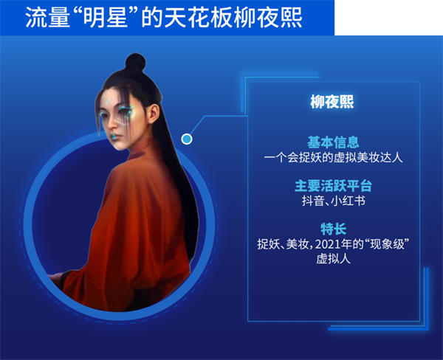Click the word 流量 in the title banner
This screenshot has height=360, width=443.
tap(47, 18)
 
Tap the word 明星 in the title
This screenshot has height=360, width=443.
tap(109, 18)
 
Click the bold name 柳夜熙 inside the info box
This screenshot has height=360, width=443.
tap(332, 102)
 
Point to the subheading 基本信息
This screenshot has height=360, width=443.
tap(333, 142)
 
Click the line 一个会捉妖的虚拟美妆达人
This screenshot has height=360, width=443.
tap(334, 157)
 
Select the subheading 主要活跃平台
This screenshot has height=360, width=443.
tap(334, 186)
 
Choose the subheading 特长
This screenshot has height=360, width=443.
tap(334, 229)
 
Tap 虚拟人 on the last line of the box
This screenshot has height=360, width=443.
tap(334, 259)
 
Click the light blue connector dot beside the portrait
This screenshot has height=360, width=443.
tap(187, 139)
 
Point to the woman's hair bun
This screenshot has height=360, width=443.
tap(135, 62)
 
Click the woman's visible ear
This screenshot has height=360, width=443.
tap(154, 114)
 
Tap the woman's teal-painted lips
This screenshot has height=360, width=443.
tap(115, 137)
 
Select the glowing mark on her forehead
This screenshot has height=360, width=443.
tap(109, 101)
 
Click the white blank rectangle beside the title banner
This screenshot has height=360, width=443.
tap(389, 18)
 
